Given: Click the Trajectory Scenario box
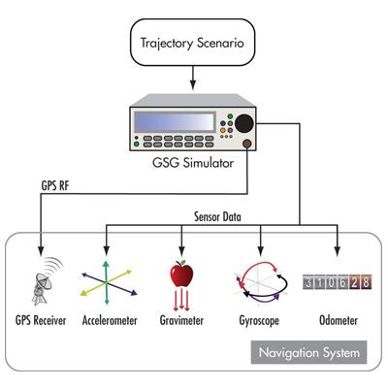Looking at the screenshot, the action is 192,43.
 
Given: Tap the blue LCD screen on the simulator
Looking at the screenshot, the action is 175,121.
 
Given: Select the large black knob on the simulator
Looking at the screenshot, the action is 244,123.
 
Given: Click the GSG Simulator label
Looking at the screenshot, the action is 193,162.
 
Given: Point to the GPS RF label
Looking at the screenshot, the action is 55,185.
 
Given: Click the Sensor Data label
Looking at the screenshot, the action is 217,216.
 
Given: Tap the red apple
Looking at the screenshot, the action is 181,274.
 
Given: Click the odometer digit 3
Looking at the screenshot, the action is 308,282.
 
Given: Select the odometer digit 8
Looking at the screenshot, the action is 366,282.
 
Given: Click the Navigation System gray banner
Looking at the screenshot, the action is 309,352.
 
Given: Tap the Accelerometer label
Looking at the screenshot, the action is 110,320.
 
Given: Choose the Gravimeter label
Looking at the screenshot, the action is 181,320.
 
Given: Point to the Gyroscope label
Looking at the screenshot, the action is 259,321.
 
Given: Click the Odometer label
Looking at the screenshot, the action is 339,320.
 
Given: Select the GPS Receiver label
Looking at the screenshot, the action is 41,320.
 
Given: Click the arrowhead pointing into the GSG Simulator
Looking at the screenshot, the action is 193,85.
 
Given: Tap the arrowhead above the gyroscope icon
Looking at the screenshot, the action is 261,250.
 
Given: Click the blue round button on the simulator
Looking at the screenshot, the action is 223,123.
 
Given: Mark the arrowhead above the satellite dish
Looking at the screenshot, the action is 41,250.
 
